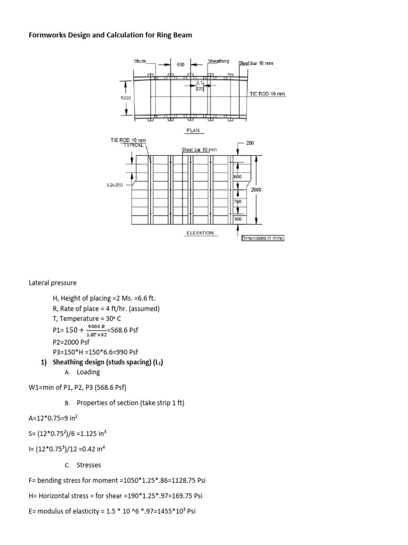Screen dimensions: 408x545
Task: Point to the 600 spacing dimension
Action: [x=181, y=64]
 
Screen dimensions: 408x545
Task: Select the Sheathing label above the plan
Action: [x=218, y=61]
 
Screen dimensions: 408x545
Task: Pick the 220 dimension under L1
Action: [x=200, y=89]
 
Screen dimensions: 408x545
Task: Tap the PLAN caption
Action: [x=192, y=130]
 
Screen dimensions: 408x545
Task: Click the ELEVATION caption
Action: [x=200, y=233]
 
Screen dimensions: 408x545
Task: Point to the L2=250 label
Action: [x=115, y=185]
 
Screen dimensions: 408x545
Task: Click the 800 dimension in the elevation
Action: [x=237, y=176]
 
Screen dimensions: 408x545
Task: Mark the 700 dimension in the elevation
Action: [x=237, y=202]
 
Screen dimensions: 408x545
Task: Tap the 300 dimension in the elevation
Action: [x=237, y=219]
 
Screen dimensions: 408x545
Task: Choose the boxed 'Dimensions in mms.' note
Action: [x=263, y=238]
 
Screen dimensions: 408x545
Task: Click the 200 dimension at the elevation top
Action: [x=250, y=144]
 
